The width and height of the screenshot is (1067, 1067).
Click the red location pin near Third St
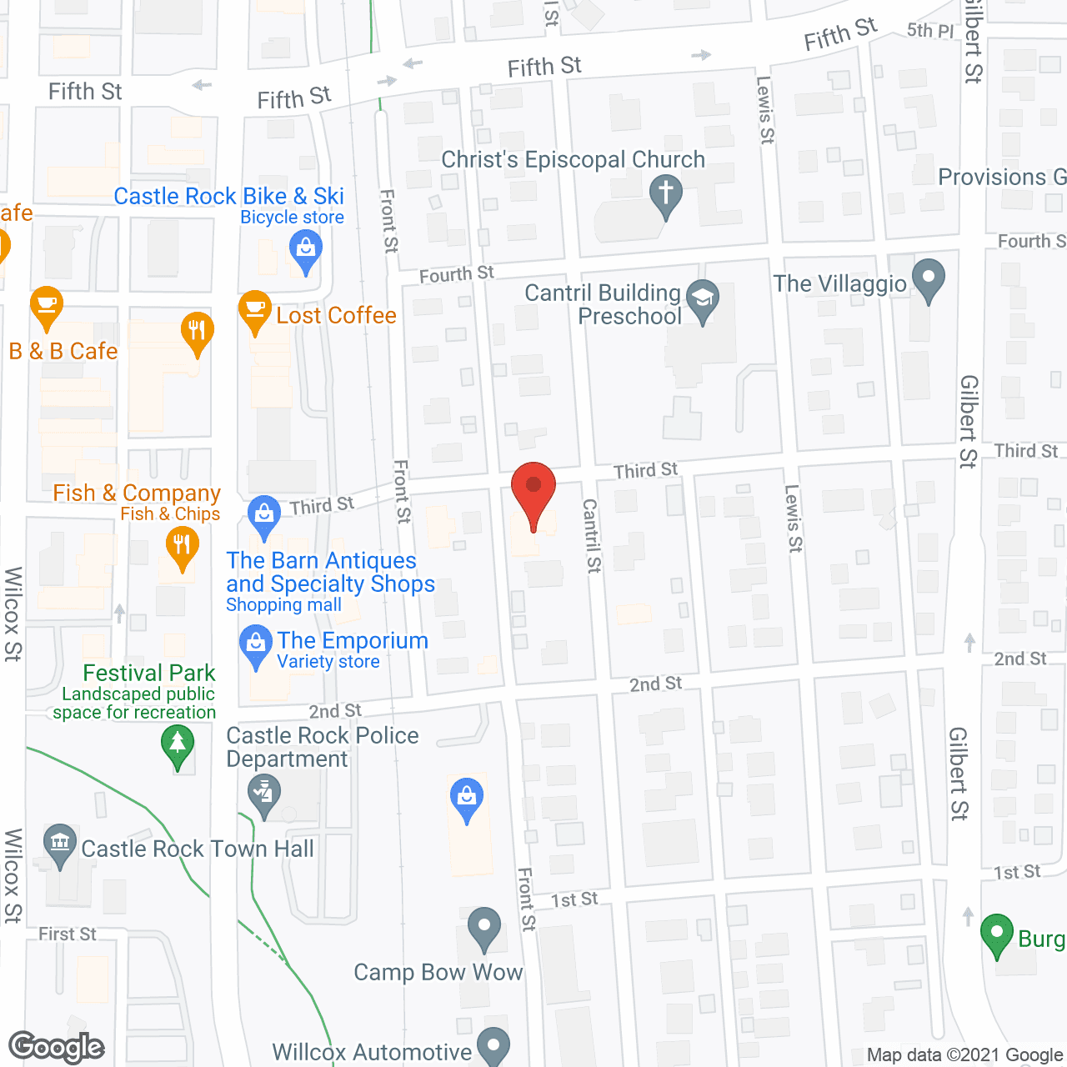point(533,488)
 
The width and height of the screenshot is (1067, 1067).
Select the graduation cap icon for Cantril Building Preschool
point(702,298)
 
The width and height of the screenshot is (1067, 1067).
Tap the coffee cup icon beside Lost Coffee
point(255,309)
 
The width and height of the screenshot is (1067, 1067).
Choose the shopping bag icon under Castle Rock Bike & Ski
point(306,248)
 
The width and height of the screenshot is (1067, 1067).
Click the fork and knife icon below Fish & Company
point(182,547)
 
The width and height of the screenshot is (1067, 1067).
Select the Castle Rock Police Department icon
point(264,793)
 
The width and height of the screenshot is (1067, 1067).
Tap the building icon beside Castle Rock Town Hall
point(60,843)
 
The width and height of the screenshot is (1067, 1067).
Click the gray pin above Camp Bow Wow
point(483,926)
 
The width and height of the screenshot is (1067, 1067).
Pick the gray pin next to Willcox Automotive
point(493,1045)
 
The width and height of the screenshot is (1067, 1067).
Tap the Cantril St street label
point(592,535)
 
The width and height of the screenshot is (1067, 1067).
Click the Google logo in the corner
point(56,1047)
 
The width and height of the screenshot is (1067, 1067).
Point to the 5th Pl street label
point(929,31)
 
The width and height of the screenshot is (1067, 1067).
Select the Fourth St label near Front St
point(456,274)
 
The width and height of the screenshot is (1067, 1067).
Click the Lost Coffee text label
point(336,316)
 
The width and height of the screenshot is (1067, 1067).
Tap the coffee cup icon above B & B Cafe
point(47,305)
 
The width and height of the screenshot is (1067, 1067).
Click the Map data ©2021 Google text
point(964,1055)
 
